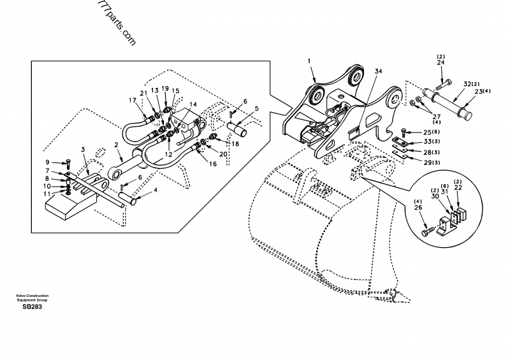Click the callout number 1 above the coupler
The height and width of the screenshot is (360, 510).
pos(309,61)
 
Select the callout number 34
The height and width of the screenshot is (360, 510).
pos(378,71)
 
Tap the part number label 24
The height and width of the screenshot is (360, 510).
pos(441,63)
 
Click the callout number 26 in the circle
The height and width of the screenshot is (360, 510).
pos(418,206)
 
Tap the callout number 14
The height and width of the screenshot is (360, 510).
pos(193,105)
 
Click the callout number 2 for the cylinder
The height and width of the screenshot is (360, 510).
pos(117,145)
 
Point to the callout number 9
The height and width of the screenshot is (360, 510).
pos(47,162)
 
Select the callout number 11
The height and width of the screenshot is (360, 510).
pos(47,194)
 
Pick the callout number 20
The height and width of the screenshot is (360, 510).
pos(222,154)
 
